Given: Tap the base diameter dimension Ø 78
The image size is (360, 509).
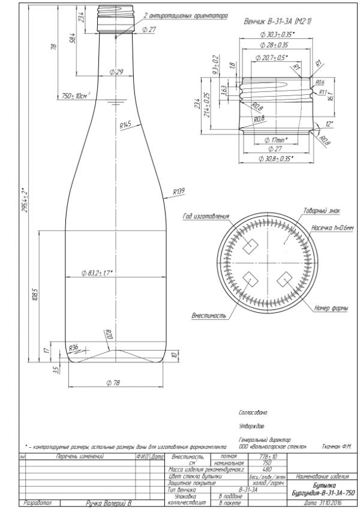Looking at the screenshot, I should click(115, 382).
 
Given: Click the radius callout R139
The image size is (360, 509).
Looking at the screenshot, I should click(178, 191).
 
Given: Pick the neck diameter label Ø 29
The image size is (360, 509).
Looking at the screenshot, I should click(116, 72).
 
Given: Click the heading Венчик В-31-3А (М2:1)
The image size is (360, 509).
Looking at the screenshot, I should click(274, 21).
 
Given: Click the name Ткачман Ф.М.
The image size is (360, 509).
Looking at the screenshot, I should click(335, 447).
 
